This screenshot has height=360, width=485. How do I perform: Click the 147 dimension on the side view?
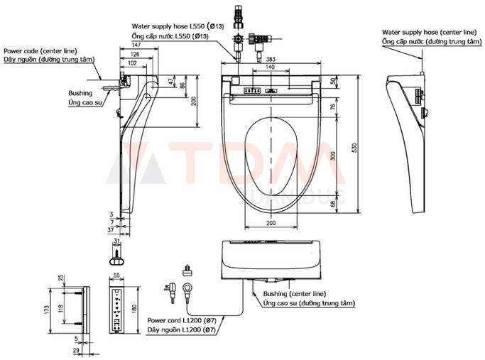pyautogui.click(x=135, y=45)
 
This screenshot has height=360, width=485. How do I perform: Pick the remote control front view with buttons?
pyautogui.click(x=118, y=310)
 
